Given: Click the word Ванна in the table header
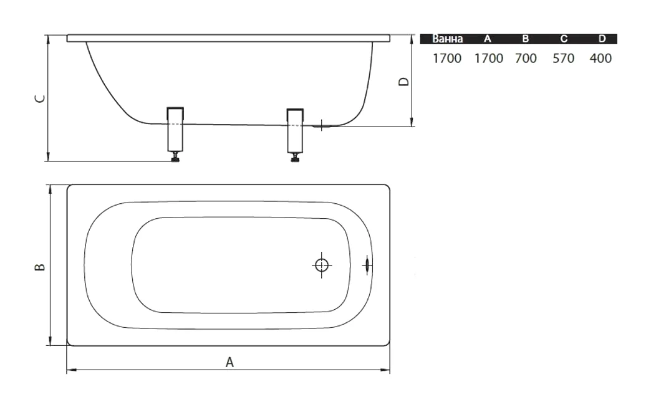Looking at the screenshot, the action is tap(447, 39).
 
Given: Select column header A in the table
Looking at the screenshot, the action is tap(488, 39).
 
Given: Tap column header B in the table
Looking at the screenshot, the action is tap(525, 39).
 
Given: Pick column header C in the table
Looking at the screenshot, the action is tap(564, 39).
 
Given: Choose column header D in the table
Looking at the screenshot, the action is tap(602, 39).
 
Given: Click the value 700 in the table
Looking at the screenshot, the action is tap(526, 59).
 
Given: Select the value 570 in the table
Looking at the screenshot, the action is tap(564, 59).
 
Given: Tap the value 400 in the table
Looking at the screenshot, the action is tap(600, 59).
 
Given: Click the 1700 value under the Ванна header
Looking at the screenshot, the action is tap(447, 59).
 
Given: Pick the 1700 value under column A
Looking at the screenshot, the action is tap(489, 59).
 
